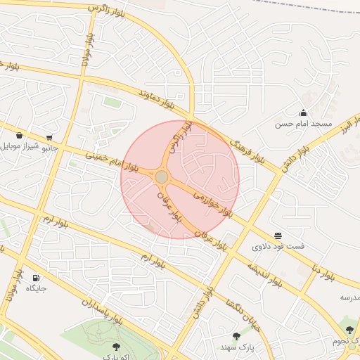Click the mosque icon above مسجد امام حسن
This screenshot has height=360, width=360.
click(x=303, y=112)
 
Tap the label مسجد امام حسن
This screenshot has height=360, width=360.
click(x=303, y=124)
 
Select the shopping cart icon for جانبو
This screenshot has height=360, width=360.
click(x=49, y=137)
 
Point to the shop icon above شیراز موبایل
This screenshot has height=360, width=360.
click(x=18, y=135)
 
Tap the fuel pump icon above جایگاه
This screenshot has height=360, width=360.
click(x=36, y=277)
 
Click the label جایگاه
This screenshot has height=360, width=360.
click(x=36, y=288)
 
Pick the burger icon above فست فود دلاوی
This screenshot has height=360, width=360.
click(x=278, y=235)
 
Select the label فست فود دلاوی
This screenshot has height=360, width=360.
click(x=278, y=247)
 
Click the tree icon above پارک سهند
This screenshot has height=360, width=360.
click(x=236, y=336)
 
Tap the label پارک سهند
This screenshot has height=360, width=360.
click(x=236, y=347)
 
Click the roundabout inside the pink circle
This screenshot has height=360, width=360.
click(x=162, y=176)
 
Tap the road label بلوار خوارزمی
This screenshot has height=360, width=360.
click(x=212, y=200)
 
